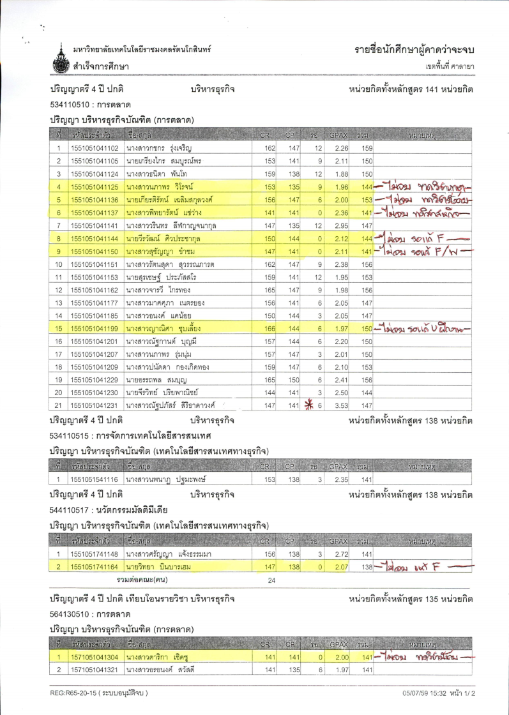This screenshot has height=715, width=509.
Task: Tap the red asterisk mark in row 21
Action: click(312, 405)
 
